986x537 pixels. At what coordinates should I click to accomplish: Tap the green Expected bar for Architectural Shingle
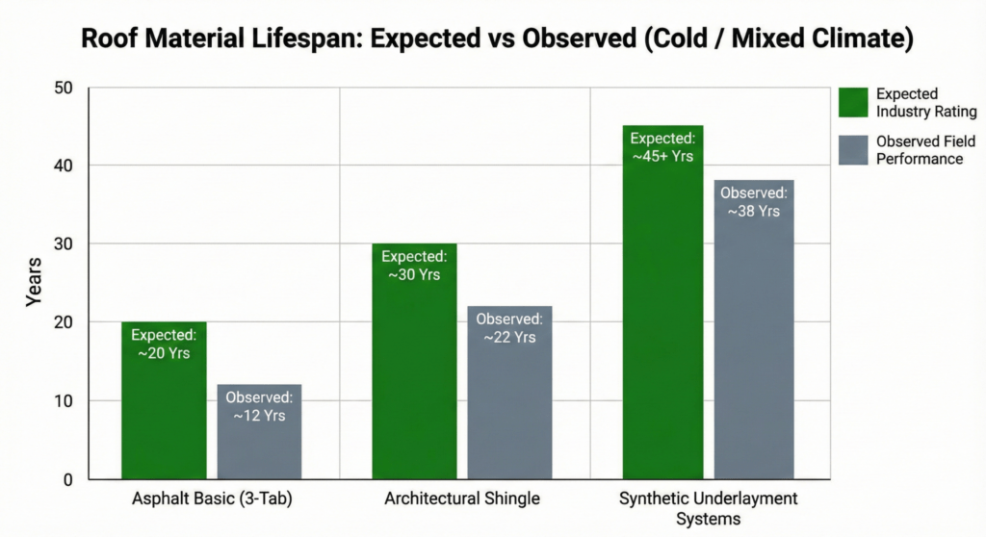[414, 385]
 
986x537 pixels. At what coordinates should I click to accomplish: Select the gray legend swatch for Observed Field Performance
[852, 149]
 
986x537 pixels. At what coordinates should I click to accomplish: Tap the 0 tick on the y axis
[67, 479]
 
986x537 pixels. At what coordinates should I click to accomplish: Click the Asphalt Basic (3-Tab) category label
[213, 499]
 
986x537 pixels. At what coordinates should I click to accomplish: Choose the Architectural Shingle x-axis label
[462, 499]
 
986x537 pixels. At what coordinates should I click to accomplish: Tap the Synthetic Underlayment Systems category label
[709, 508]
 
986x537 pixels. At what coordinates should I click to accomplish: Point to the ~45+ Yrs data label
[662, 156]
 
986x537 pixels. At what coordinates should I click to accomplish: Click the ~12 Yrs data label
[259, 416]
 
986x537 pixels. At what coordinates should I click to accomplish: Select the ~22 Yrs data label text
[509, 337]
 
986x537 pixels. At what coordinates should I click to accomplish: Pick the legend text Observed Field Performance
[924, 149]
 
